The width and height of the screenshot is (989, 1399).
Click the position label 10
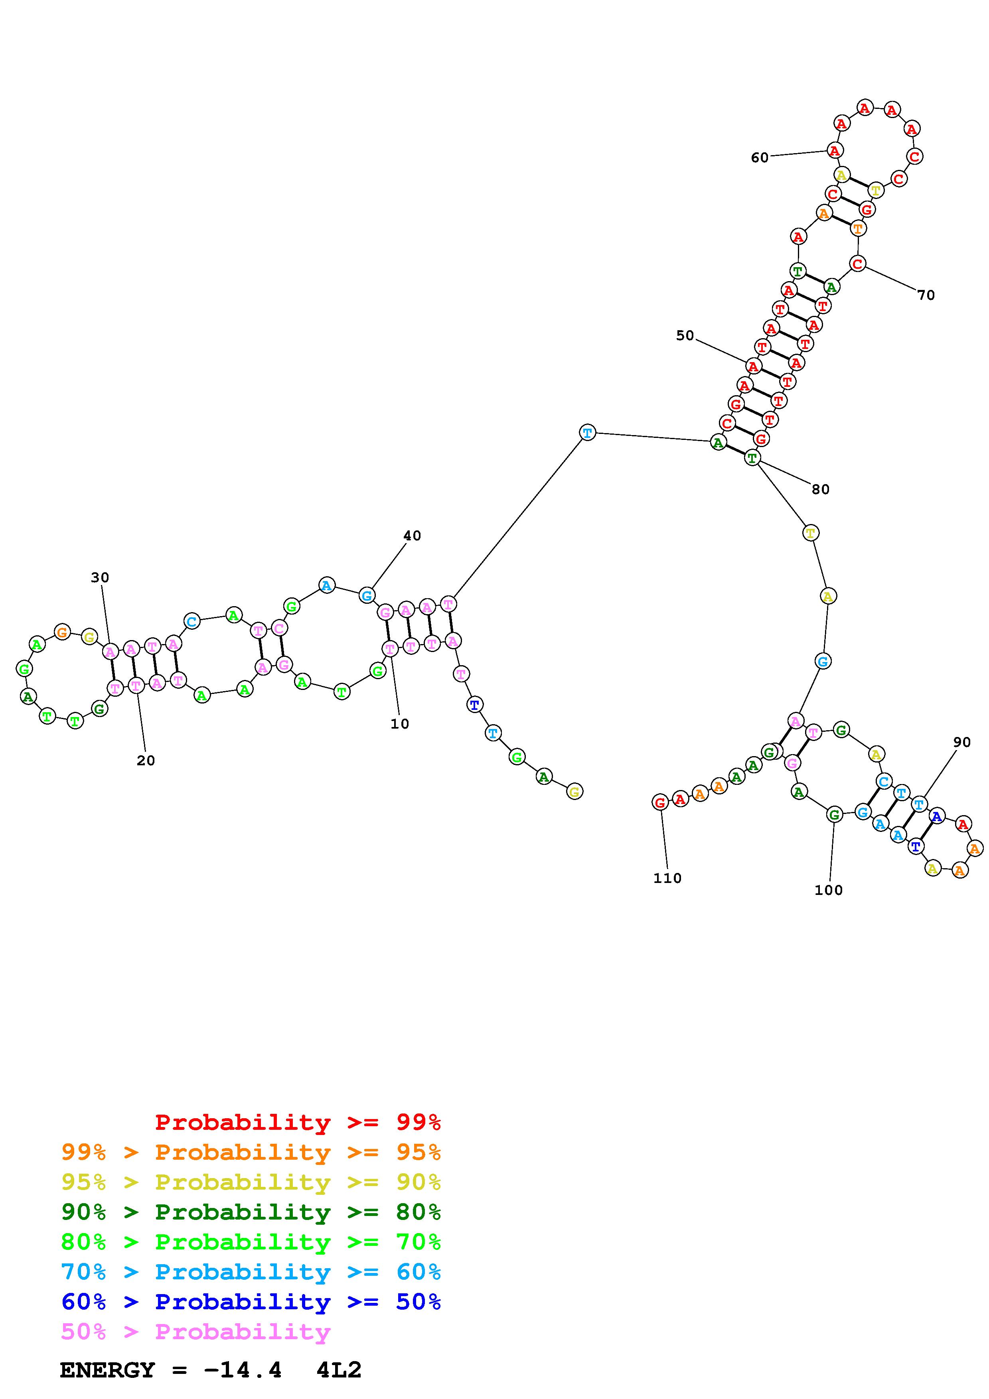coord(400,724)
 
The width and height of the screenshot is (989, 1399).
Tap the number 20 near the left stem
coord(146,761)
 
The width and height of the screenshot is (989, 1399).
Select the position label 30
coord(100,577)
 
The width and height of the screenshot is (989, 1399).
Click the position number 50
coord(685,336)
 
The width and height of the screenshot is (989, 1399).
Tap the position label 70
coord(926,296)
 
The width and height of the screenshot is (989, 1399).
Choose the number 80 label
coord(820,489)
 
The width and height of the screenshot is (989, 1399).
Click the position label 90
coord(961,742)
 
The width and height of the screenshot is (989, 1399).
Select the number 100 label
coord(828,890)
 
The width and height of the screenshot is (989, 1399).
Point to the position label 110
coord(667,878)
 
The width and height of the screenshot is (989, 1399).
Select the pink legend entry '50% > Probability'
coord(195,1331)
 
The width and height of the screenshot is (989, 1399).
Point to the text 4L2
coord(339,1370)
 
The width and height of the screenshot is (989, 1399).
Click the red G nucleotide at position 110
coord(659,802)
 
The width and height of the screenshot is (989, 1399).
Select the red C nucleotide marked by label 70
coord(857,264)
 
